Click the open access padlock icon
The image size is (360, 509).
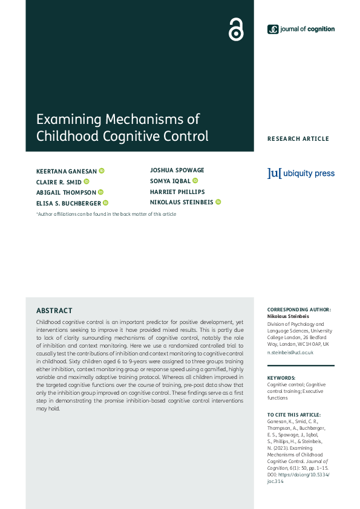pos(235,29)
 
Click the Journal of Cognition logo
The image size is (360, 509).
pos(301,29)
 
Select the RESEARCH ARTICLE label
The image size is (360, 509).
pos(298,139)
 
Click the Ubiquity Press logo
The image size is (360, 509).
pos(301,173)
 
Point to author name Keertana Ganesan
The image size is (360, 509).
pos(67,171)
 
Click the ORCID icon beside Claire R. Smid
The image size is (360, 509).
pos(87,181)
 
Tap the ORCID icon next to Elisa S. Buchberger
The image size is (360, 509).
pos(105,203)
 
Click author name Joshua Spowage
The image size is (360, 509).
pos(177,170)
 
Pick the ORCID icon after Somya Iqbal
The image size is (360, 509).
pos(195,181)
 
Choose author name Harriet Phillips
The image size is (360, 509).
pos(177,192)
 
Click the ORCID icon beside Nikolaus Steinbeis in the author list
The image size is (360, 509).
pos(218,202)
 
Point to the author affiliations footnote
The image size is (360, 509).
pos(106,214)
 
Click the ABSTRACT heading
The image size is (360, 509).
pos(54,311)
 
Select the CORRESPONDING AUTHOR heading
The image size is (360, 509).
pos(299,310)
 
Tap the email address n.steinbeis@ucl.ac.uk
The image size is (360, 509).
pos(290,352)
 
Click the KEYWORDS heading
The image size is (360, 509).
pos(281,377)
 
